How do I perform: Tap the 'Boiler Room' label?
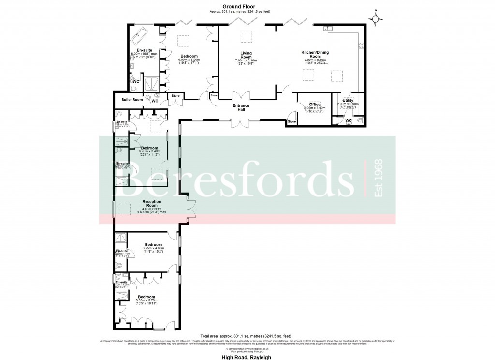coord(132,100)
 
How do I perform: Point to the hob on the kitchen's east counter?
coord(361,46)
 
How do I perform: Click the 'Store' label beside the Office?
coord(291,122)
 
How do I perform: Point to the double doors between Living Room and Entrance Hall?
coord(240,96)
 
